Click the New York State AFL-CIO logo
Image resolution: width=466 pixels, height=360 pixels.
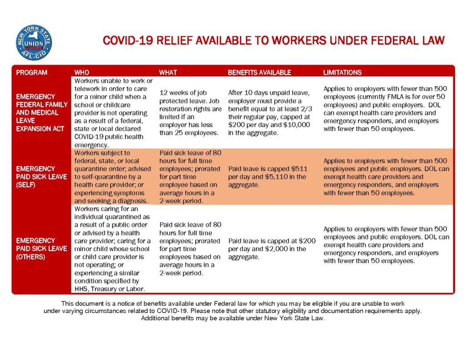point(34,43)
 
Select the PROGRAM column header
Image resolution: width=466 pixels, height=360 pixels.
point(31,72)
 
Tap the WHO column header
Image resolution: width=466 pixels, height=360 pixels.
point(82,72)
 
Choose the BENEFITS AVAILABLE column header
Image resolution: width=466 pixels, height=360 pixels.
point(259,72)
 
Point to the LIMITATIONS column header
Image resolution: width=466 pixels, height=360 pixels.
point(342,72)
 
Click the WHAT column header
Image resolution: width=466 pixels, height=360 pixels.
point(168,72)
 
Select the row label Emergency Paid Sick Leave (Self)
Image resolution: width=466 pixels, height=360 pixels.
point(41,177)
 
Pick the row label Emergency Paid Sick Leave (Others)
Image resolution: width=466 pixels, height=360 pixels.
point(41,248)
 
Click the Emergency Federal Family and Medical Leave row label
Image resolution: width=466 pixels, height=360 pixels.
point(41,112)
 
